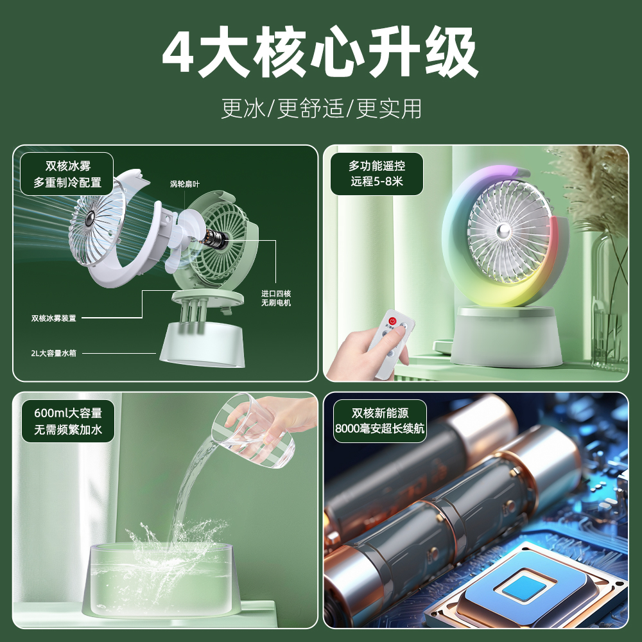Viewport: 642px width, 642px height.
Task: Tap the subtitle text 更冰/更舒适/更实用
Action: coord(321,108)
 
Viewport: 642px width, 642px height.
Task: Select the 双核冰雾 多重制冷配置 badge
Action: coord(67,173)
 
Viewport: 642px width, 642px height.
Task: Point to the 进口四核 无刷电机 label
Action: coord(276,297)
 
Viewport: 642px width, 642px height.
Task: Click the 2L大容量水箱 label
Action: coord(53,352)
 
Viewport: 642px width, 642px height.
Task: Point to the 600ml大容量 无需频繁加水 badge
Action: coord(68,421)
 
